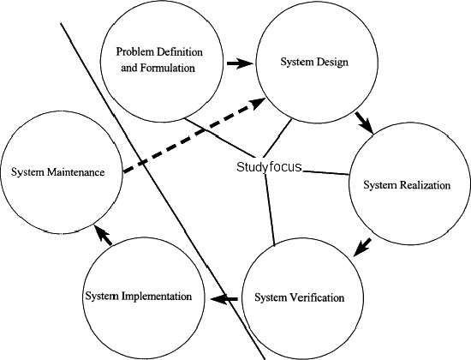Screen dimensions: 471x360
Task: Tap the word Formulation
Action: tap(168, 68)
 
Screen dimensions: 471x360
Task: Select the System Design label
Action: tap(314, 62)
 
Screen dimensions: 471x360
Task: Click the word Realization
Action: tap(425, 185)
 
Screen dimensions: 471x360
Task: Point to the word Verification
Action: tap(317, 297)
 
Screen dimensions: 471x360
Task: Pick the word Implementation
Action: tap(157, 297)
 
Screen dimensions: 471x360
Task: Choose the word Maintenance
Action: tap(75, 172)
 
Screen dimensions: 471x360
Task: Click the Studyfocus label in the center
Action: tap(269, 167)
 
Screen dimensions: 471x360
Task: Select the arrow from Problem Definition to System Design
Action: tap(240, 63)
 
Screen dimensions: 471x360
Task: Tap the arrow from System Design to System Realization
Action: tap(364, 123)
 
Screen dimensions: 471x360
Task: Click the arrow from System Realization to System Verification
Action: tap(362, 248)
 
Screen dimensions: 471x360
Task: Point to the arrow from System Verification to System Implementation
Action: tap(224, 299)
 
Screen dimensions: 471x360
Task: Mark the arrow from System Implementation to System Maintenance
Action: tap(103, 235)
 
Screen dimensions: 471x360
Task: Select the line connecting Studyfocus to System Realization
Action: tap(326, 172)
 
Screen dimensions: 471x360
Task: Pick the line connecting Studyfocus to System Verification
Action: tap(270, 210)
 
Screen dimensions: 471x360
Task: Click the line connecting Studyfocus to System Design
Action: tap(277, 138)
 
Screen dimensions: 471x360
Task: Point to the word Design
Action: tap(331, 63)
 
